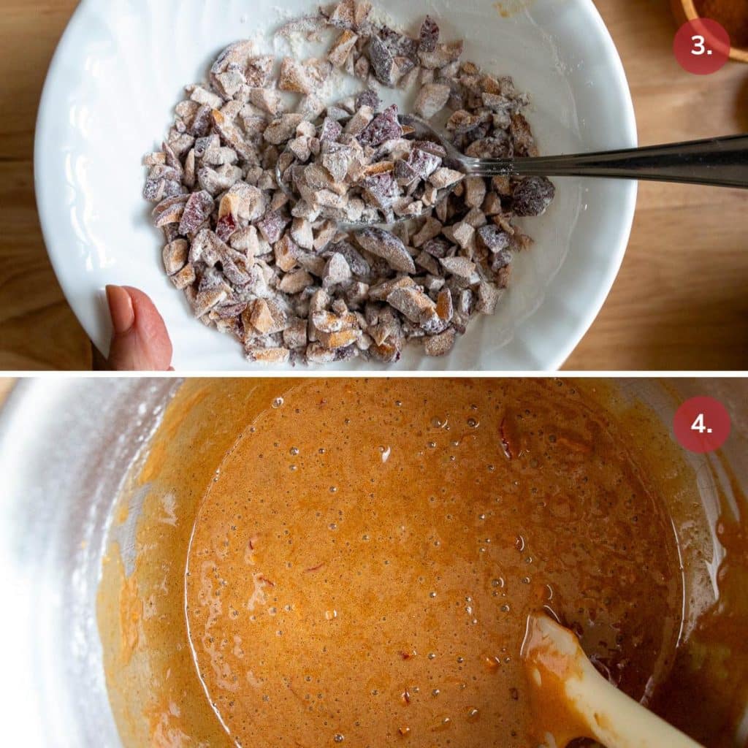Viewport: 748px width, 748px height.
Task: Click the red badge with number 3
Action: pyautogui.click(x=701, y=45)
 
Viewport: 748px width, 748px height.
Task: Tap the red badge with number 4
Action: pyautogui.click(x=701, y=424)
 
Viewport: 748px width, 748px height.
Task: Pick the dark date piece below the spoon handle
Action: pyautogui.click(x=532, y=196)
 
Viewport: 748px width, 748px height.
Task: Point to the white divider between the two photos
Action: pyautogui.click(x=374, y=373)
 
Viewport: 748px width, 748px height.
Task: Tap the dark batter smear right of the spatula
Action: pyautogui.click(x=701, y=657)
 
